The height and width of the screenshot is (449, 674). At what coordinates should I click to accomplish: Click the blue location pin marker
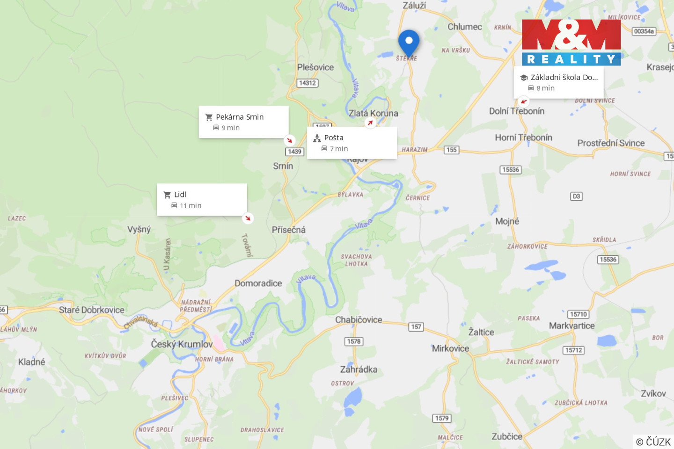pyautogui.click(x=409, y=42)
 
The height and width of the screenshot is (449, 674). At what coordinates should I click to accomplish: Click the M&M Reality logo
pyautogui.click(x=571, y=42)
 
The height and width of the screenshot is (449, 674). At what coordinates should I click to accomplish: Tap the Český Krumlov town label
pyautogui.click(x=182, y=344)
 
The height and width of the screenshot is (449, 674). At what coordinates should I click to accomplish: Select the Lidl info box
pyautogui.click(x=202, y=200)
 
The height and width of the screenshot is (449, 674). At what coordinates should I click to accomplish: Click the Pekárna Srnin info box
pyautogui.click(x=243, y=122)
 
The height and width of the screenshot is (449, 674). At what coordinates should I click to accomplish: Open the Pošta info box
pyautogui.click(x=352, y=143)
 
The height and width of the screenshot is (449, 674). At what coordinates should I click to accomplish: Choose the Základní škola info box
pyautogui.click(x=558, y=82)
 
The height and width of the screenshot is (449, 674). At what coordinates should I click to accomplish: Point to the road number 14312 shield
pyautogui.click(x=308, y=83)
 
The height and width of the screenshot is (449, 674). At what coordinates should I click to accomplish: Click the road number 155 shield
pyautogui.click(x=451, y=150)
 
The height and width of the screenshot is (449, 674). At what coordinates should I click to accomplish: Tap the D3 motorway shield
pyautogui.click(x=576, y=196)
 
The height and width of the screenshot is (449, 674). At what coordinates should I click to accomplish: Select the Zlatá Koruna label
pyautogui.click(x=373, y=113)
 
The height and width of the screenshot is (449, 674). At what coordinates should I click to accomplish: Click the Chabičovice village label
pyautogui.click(x=359, y=320)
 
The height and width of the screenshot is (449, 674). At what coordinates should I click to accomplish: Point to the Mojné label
pyautogui.click(x=507, y=221)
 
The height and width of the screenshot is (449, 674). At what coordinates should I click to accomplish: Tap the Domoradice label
pyautogui.click(x=258, y=283)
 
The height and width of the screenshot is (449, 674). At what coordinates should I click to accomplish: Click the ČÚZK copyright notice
pyautogui.click(x=653, y=442)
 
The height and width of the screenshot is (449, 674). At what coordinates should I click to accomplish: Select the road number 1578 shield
pyautogui.click(x=353, y=341)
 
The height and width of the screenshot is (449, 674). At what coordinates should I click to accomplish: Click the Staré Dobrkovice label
pyautogui.click(x=91, y=310)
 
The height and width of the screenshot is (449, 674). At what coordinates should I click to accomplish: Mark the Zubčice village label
pyautogui.click(x=506, y=436)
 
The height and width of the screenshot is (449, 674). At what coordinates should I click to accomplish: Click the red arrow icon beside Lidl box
pyautogui.click(x=248, y=218)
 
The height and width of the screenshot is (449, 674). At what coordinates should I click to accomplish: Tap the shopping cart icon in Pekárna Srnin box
pyautogui.click(x=209, y=117)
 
